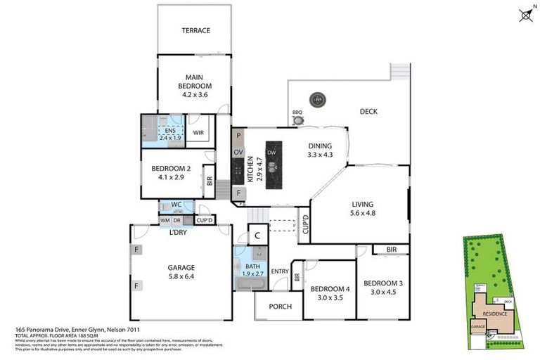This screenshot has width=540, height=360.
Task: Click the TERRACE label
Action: tap(196, 30)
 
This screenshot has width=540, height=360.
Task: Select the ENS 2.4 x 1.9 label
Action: tap(169, 134)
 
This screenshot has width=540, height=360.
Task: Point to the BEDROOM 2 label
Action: tap(172, 172)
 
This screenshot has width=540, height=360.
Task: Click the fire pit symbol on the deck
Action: tap(318, 100)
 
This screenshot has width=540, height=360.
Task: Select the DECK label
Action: tap(369, 111)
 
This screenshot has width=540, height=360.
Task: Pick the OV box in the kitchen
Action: tap(238, 153)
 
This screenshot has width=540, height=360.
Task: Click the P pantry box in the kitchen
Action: tap(238, 136)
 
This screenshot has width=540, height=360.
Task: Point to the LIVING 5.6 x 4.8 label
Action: tap(363, 210)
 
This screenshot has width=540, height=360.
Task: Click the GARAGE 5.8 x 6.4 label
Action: tap(181, 271)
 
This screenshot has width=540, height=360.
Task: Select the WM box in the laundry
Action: tap(165, 221)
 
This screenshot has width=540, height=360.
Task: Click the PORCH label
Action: tap(279, 306)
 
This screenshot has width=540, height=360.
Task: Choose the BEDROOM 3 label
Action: tap(382, 288)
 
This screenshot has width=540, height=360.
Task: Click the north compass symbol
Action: tap(525, 14)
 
